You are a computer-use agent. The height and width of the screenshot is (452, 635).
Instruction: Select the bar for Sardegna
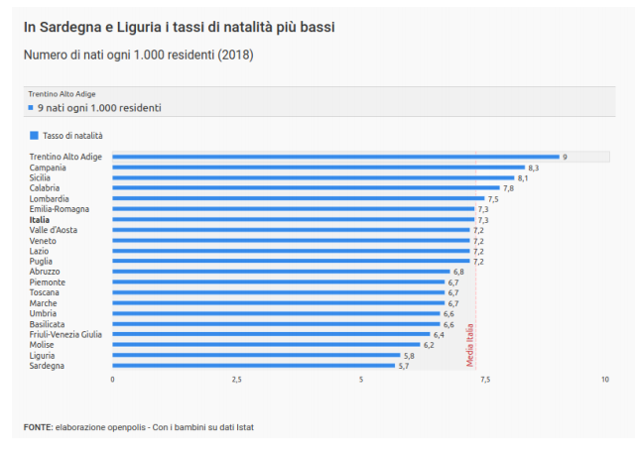(x=254, y=366)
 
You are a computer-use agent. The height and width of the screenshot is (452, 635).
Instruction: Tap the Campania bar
(x=317, y=168)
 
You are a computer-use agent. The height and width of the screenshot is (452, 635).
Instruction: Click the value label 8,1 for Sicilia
(x=523, y=178)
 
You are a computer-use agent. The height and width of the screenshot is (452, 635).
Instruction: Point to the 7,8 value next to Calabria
(x=508, y=188)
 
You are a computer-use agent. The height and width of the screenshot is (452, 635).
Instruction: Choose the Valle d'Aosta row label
(x=54, y=230)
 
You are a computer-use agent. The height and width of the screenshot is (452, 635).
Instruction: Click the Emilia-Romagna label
(x=59, y=209)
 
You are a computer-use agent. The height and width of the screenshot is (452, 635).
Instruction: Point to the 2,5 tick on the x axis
(x=236, y=381)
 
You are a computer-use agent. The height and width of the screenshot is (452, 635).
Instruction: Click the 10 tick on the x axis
(x=604, y=381)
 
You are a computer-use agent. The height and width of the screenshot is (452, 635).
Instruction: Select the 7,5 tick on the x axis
(x=483, y=381)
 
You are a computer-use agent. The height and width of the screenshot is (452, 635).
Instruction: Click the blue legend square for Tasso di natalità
(x=34, y=135)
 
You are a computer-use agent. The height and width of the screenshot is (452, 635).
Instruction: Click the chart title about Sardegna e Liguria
(x=179, y=27)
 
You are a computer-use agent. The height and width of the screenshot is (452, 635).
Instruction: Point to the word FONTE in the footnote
(x=38, y=427)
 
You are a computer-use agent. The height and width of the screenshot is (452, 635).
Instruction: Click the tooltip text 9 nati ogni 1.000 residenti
(x=99, y=107)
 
